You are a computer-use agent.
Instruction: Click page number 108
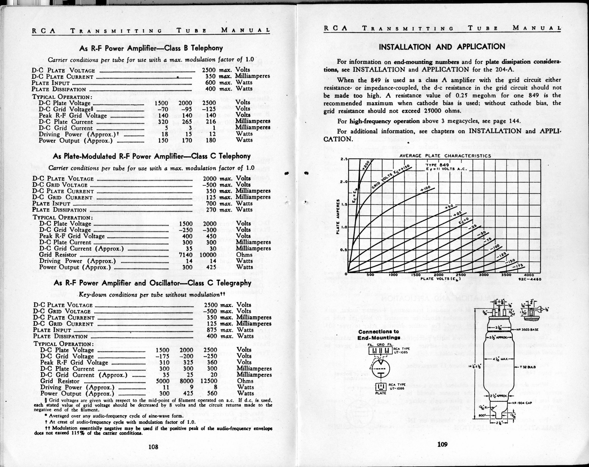click(153, 447)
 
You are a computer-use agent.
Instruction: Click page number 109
click(442, 444)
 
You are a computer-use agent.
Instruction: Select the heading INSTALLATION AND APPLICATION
click(442, 47)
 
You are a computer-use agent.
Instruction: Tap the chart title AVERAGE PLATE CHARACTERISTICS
click(445, 156)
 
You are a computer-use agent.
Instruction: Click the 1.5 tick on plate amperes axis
click(343, 204)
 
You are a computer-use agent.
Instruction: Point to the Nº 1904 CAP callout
click(525, 403)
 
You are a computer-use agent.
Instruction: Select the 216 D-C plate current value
click(210, 121)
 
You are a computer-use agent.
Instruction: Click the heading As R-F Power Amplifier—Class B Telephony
click(151, 48)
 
